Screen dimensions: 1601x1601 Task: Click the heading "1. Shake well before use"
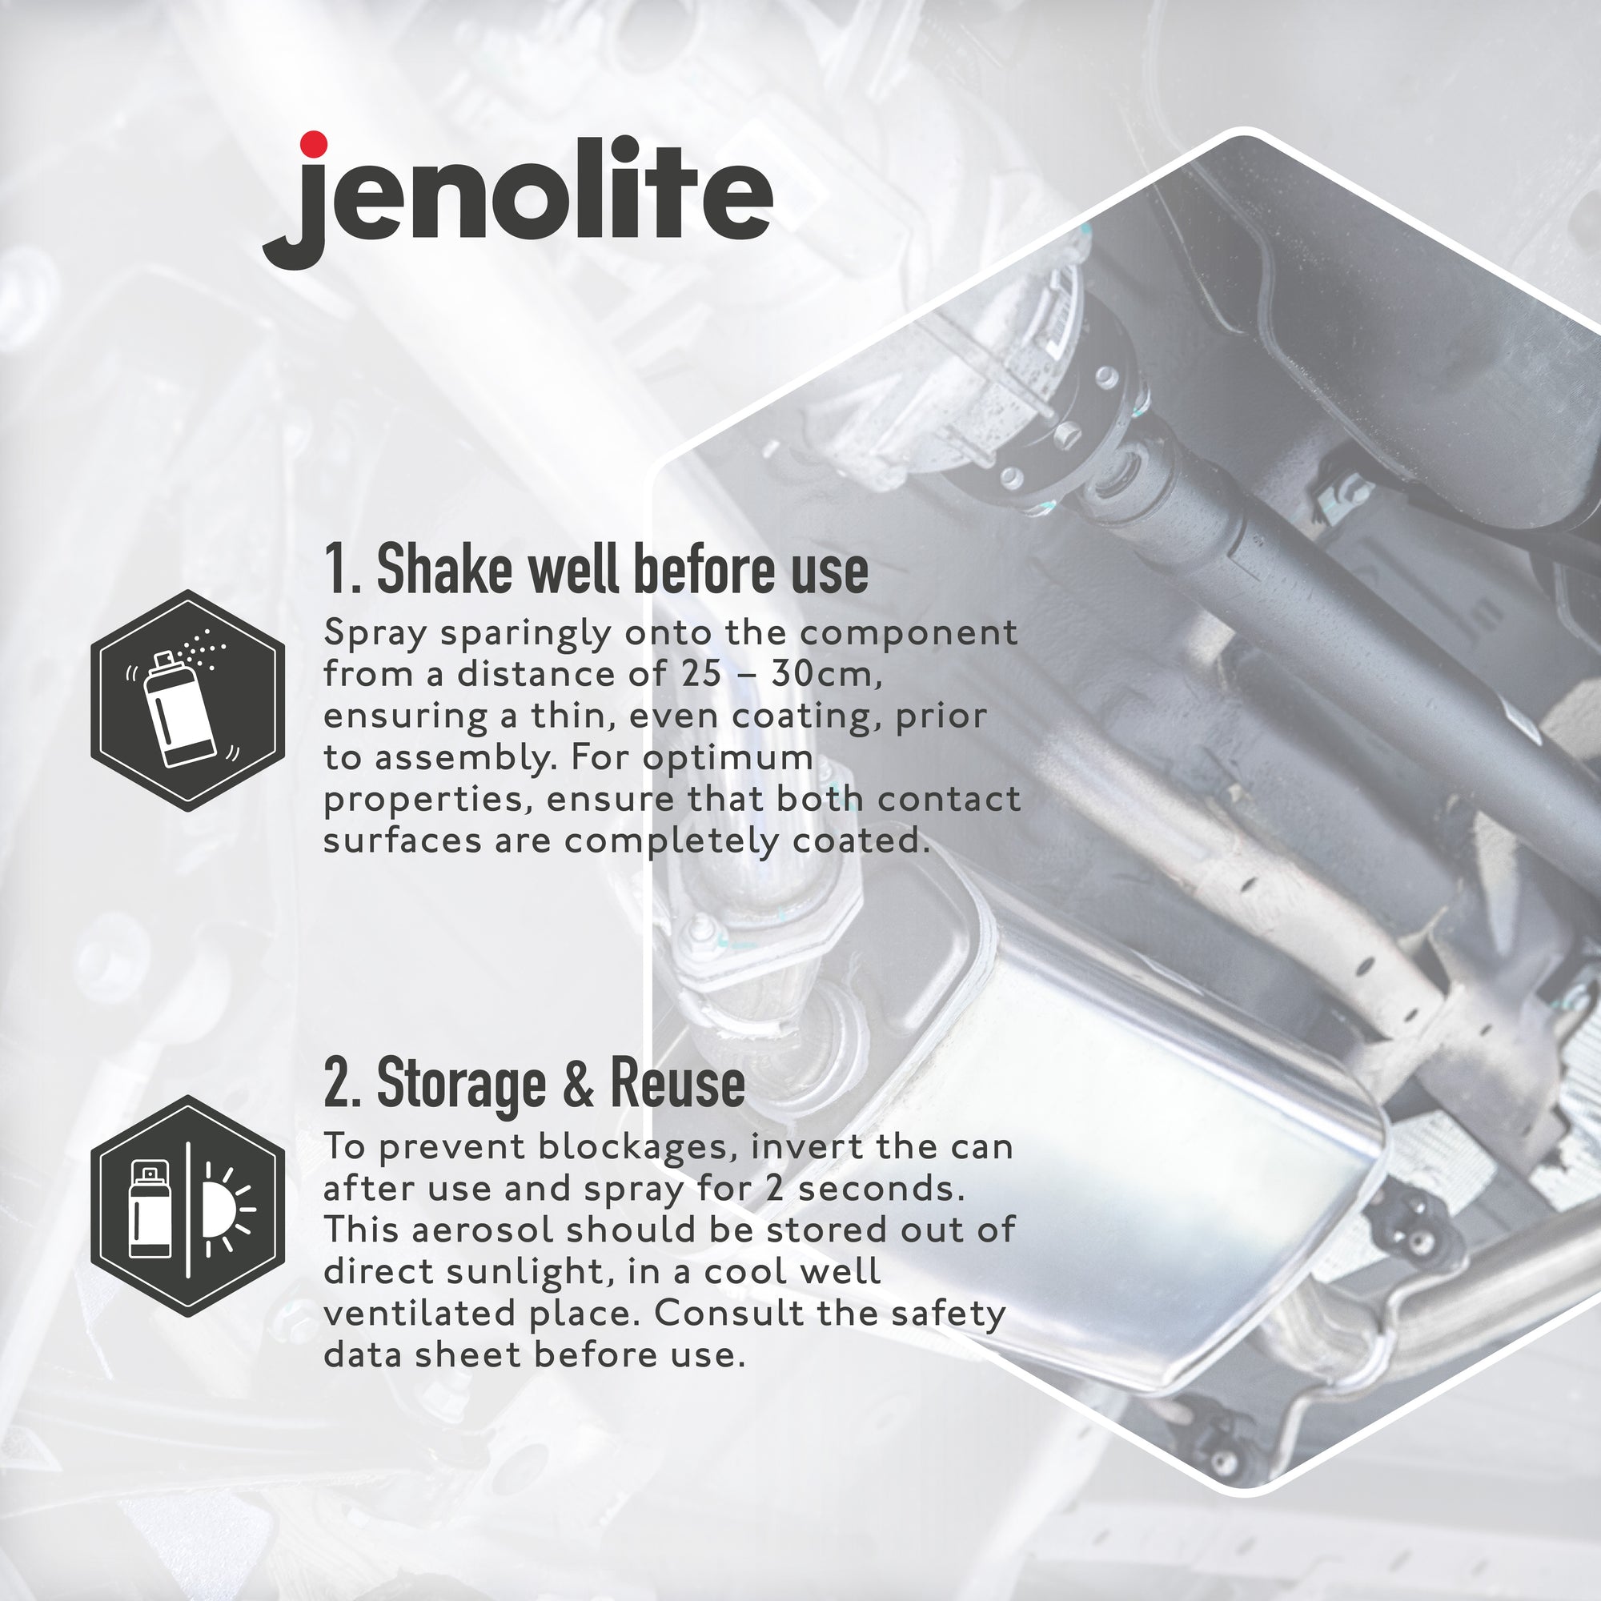pos(596,569)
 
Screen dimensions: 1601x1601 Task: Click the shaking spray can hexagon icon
pos(188,700)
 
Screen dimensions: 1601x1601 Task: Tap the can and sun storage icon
pos(188,1206)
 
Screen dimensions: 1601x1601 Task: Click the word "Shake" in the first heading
pos(443,569)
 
